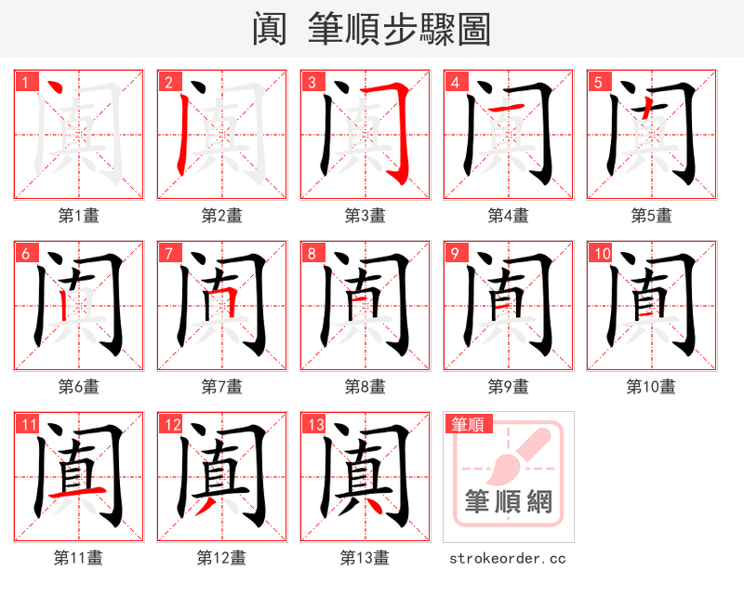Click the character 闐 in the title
(x=270, y=29)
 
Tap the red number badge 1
(x=25, y=82)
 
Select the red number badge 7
(x=168, y=253)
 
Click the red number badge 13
(x=313, y=425)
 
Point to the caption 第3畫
(x=365, y=216)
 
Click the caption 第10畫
(x=651, y=387)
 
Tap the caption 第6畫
(x=78, y=387)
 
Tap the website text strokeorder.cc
(x=508, y=558)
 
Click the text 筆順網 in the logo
(x=509, y=502)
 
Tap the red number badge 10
(x=601, y=253)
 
